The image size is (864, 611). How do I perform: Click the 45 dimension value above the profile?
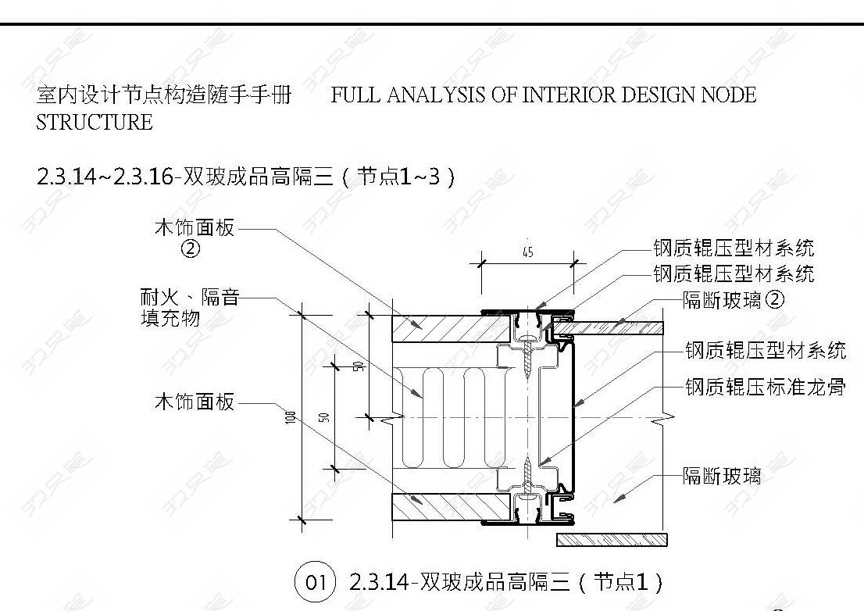[x=528, y=252]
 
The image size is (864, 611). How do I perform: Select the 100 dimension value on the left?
[x=291, y=417]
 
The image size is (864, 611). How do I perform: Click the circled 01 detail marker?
[x=315, y=582]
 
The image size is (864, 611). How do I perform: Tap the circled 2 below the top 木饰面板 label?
[x=191, y=249]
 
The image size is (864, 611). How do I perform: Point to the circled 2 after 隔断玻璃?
[x=775, y=299]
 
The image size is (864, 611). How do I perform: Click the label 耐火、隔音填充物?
[x=190, y=307]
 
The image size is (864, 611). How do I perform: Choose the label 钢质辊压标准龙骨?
[x=766, y=387]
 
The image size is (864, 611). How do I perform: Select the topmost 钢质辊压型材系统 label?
[x=734, y=248]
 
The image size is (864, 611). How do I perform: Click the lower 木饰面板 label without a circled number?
[x=195, y=402]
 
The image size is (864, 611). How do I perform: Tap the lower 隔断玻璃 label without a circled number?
[x=722, y=476]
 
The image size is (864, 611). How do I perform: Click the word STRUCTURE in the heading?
[x=95, y=123]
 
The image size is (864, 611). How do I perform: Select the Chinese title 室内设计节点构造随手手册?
[x=164, y=95]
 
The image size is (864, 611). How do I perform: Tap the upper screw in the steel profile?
[x=529, y=359]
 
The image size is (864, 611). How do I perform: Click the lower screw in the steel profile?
[x=529, y=475]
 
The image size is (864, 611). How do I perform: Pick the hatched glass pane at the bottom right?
[x=612, y=539]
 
